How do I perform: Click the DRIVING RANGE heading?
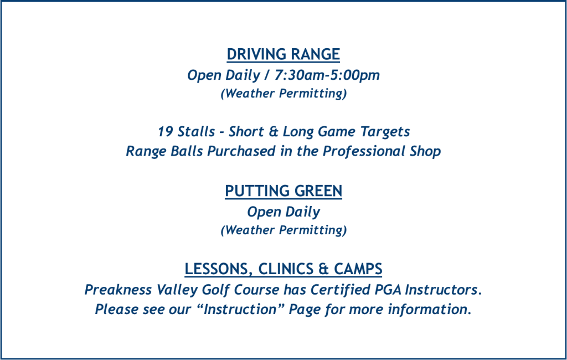[283, 54]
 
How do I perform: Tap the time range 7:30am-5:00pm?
[327, 75]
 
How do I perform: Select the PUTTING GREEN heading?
[283, 191]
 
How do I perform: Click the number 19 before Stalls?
[165, 131]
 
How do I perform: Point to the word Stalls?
[196, 131]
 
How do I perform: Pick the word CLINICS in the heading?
[286, 269]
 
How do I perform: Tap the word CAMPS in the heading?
[358, 269]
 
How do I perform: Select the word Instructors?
[441, 290]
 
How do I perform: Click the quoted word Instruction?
[240, 310]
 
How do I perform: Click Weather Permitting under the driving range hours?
[284, 94]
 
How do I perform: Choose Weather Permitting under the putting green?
[284, 230]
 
